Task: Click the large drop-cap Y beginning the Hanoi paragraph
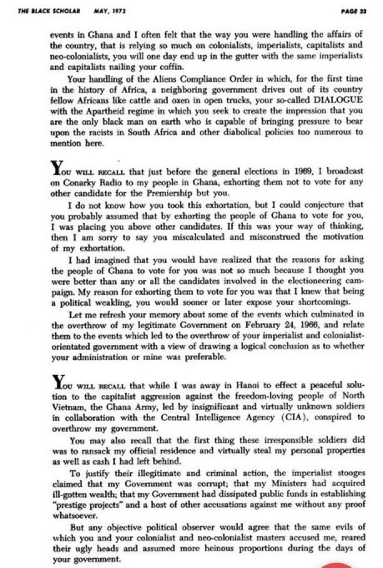click(x=57, y=381)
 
